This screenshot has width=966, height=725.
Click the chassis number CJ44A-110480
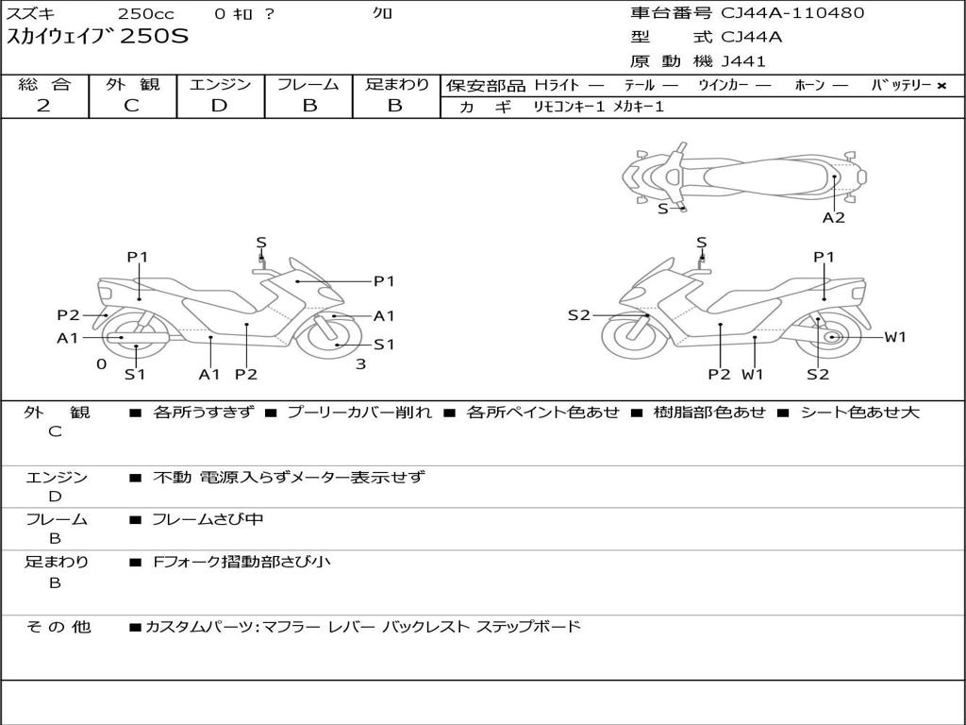tap(792, 12)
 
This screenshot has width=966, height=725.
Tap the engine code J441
tap(743, 61)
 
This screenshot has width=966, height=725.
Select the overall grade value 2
tap(43, 106)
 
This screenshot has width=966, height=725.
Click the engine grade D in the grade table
tap(219, 106)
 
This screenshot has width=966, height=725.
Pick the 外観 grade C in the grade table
tap(131, 106)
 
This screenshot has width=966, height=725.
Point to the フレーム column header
tap(308, 84)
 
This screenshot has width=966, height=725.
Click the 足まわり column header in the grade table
tap(396, 84)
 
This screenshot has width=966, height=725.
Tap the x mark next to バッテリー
tap(941, 86)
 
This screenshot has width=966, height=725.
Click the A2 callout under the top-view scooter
tap(834, 218)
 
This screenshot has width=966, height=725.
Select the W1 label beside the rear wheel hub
tap(895, 337)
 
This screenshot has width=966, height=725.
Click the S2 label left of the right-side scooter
tap(578, 315)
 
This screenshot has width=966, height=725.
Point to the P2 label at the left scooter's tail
tap(68, 315)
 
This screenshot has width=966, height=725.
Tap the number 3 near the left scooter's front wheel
tap(361, 364)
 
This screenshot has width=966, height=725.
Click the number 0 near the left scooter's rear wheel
tap(102, 364)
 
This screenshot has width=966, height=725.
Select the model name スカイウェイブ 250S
tap(97, 37)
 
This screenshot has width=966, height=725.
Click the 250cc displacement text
tap(146, 13)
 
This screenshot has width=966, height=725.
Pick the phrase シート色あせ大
tap(859, 413)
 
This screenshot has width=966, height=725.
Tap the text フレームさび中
tap(208, 520)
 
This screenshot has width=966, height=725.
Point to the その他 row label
tap(58, 627)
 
